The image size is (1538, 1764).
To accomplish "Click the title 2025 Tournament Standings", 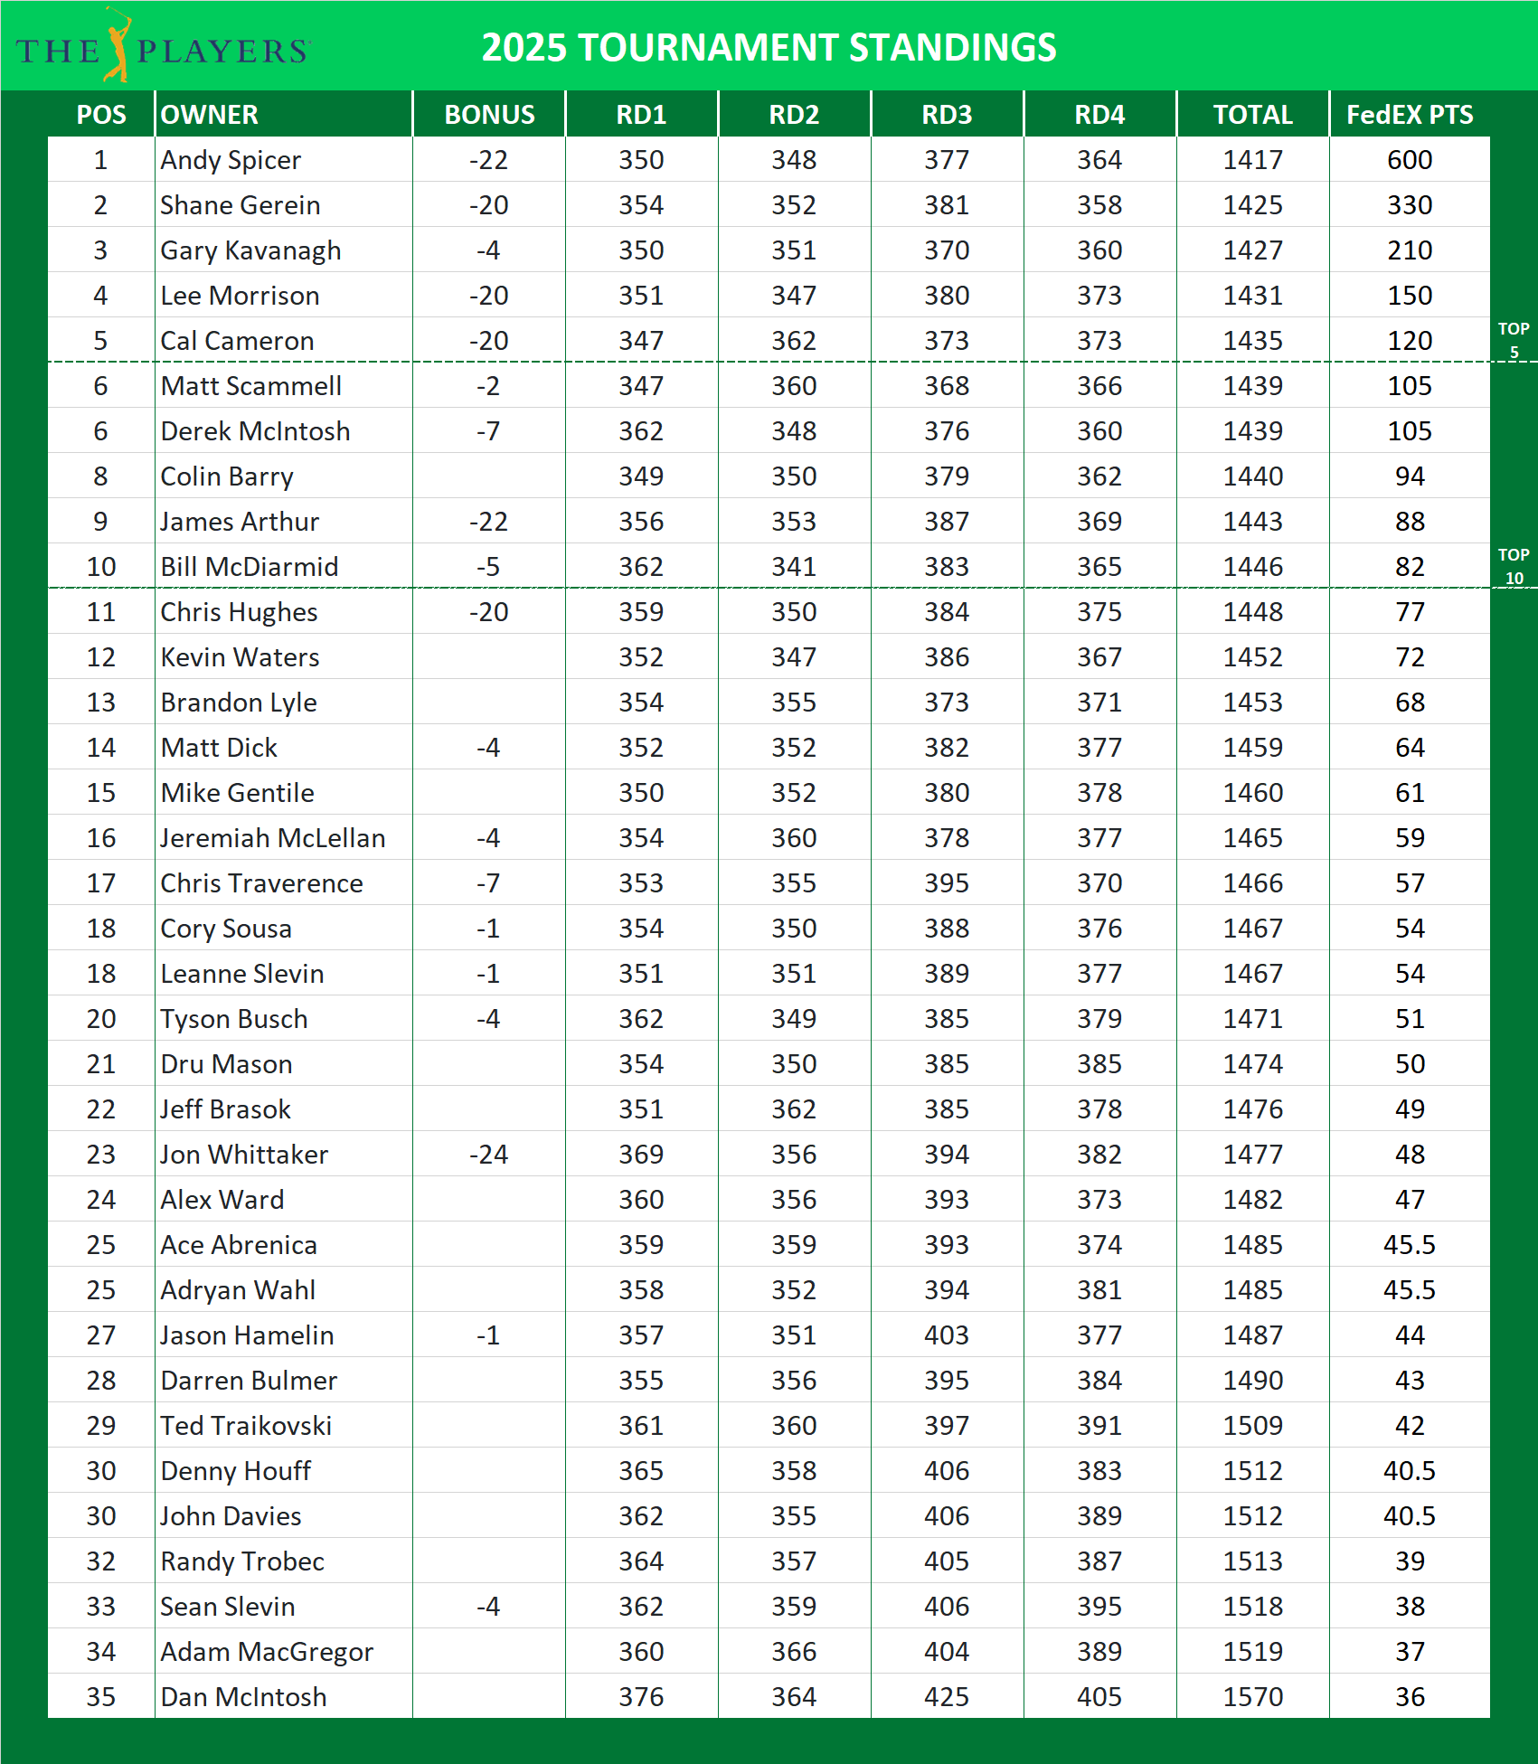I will click(769, 47).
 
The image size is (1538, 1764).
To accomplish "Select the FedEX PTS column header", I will click(1409, 115).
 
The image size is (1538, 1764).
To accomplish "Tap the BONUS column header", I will click(489, 115).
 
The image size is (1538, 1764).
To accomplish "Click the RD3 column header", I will click(947, 115).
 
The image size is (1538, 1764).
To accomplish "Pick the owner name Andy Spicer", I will click(231, 160).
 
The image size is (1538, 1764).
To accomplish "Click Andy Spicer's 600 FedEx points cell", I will click(1409, 160).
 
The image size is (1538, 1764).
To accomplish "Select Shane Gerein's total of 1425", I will click(1252, 205).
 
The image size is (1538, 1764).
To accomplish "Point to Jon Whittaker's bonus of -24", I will click(488, 1155).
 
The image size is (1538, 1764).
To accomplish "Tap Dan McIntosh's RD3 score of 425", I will click(947, 1697).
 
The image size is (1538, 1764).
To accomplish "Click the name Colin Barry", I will click(227, 476).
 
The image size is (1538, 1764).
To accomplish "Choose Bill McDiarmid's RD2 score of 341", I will click(794, 567).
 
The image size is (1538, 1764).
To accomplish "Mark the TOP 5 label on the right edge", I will click(1514, 340).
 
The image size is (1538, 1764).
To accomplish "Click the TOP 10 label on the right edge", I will click(1514, 566).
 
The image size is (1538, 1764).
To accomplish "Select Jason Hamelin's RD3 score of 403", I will click(947, 1335).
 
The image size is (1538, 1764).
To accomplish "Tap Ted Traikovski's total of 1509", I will click(1252, 1426).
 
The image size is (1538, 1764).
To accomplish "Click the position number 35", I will click(100, 1697).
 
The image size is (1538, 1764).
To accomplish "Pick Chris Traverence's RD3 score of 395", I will click(947, 883).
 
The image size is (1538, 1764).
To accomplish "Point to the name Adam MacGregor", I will click(267, 1652).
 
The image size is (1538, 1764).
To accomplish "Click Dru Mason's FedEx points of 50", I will click(1409, 1064).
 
